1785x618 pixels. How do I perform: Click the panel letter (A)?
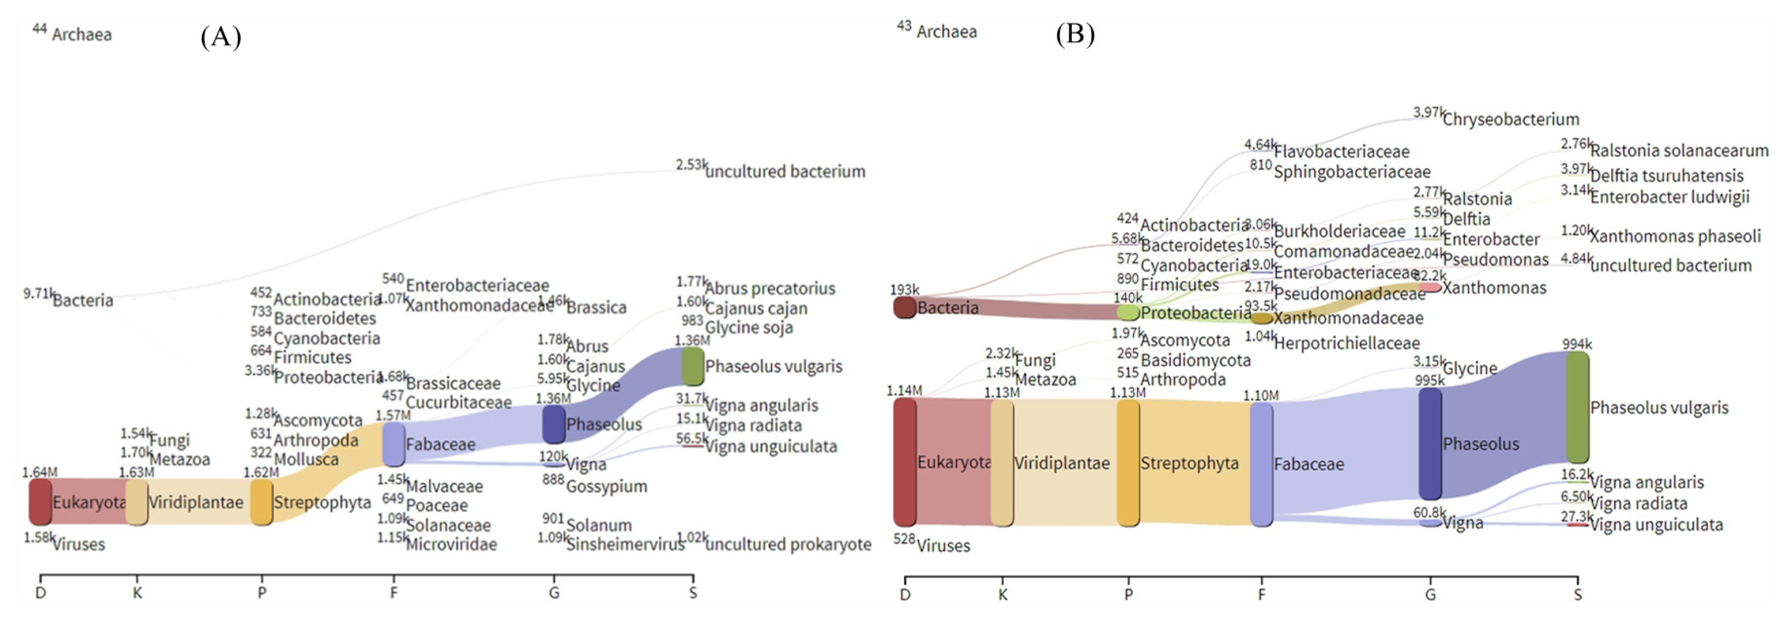click(220, 36)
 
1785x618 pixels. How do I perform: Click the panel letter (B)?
click(1075, 34)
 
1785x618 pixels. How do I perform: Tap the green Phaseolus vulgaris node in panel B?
click(1577, 407)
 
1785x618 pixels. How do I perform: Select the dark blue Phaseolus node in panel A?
click(554, 424)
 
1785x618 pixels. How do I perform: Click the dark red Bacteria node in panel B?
click(904, 307)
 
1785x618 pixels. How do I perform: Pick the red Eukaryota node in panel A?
click(40, 501)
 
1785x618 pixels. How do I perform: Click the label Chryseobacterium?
click(1511, 119)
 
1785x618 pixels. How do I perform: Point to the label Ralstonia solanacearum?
click(1679, 151)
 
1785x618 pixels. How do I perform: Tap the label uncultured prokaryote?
click(788, 545)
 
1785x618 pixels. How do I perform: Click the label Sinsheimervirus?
click(625, 545)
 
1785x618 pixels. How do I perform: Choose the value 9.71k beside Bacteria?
click(38, 293)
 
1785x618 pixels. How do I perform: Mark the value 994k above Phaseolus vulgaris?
click(1577, 344)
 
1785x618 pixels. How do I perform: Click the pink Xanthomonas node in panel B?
click(1429, 287)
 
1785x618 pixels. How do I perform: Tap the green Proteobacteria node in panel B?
click(1128, 312)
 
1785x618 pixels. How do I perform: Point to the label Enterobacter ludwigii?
click(1669, 198)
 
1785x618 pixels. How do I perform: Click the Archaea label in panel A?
click(82, 35)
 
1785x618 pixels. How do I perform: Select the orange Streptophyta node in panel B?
click(1128, 462)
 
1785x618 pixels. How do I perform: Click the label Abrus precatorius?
click(770, 288)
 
